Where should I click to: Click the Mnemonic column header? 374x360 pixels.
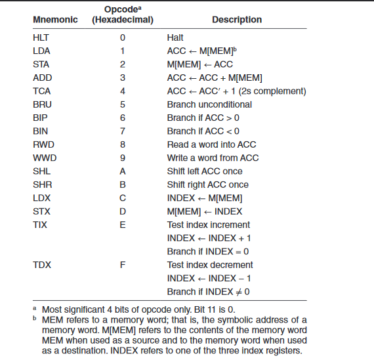pos(55,20)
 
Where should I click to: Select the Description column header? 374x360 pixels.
pos(237,20)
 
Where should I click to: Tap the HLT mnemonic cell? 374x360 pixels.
pos(41,37)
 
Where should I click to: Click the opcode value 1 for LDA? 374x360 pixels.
pos(122,51)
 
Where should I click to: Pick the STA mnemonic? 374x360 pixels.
pos(41,64)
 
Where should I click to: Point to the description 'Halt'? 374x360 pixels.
pos(176,37)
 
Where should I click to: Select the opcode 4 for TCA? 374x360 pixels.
pos(122,91)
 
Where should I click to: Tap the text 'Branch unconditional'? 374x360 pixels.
pos(209,104)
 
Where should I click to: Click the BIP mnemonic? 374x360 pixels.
pos(40,118)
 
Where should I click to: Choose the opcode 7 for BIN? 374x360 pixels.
pos(122,131)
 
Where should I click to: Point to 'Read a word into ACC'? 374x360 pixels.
pos(211,145)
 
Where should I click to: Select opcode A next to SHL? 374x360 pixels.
pos(122,171)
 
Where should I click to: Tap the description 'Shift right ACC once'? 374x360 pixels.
pos(208,185)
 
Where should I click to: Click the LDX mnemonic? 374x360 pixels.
pos(41,198)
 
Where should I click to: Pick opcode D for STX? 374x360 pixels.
pos(122,212)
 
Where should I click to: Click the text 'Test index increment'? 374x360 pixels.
pos(209,225)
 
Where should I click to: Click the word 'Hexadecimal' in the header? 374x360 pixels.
pos(123,20)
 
